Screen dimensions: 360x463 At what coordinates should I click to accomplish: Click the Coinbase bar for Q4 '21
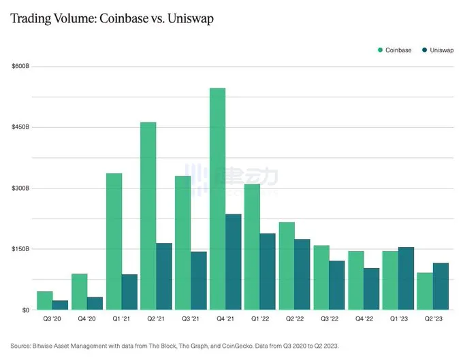click(x=217, y=199)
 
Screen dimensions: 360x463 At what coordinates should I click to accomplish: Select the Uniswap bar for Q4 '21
click(x=234, y=262)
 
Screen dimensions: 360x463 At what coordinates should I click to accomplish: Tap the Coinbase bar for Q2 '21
click(x=148, y=216)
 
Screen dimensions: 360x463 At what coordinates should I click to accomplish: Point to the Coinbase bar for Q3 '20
click(x=44, y=300)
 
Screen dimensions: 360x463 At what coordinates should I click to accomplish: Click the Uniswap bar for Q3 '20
click(x=61, y=305)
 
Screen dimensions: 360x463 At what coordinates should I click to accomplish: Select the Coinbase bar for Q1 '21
click(x=114, y=242)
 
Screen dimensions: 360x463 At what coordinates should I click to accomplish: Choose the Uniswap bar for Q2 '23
click(x=441, y=286)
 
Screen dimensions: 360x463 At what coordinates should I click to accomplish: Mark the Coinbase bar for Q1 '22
click(x=252, y=247)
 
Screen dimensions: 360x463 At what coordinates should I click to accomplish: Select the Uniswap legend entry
click(x=436, y=50)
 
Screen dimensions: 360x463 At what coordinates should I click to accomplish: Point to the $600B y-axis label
click(x=20, y=67)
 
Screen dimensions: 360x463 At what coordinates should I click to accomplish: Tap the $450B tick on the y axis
click(x=20, y=127)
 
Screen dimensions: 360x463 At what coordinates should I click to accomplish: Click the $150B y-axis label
click(x=20, y=249)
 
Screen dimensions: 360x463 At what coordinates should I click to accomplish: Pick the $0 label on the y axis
click(x=25, y=310)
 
